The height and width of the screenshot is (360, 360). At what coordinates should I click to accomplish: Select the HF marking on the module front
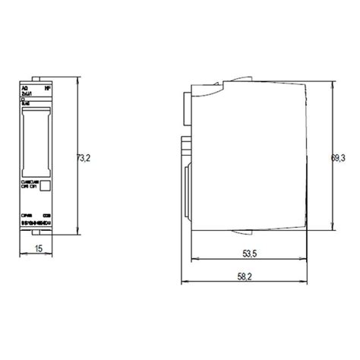coord(49,88)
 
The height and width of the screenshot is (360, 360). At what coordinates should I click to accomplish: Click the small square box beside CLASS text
coord(46,185)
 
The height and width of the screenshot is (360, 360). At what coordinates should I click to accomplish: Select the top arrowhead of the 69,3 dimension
coord(332,84)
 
